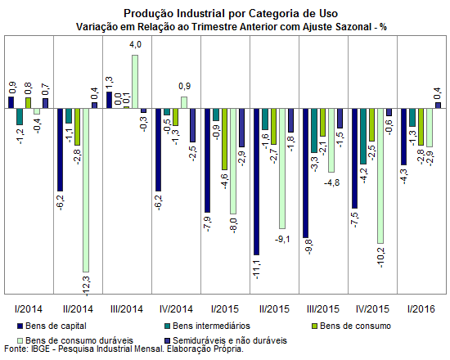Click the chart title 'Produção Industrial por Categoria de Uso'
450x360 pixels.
[x=231, y=13]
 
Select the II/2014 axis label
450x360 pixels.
[x=78, y=309]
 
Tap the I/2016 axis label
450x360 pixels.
[x=421, y=309]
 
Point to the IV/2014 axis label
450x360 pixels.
[x=176, y=309]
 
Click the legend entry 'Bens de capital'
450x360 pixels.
[x=52, y=326]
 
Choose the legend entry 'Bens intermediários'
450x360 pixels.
[x=207, y=326]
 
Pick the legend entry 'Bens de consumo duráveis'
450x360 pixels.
[x=75, y=340]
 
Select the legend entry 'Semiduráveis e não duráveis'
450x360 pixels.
[x=226, y=340]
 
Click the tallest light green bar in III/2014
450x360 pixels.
[x=135, y=82]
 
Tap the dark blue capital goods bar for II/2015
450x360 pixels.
[x=256, y=182]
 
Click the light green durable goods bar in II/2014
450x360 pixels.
[x=86, y=190]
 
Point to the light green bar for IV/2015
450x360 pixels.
[x=380, y=176]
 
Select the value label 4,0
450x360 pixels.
[x=135, y=45]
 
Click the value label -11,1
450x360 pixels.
[x=257, y=269]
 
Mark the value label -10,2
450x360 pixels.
[x=380, y=258]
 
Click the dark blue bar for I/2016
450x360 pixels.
[x=404, y=137]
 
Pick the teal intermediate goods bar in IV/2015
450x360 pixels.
[x=363, y=137]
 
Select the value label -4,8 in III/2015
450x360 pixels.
[x=331, y=182]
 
